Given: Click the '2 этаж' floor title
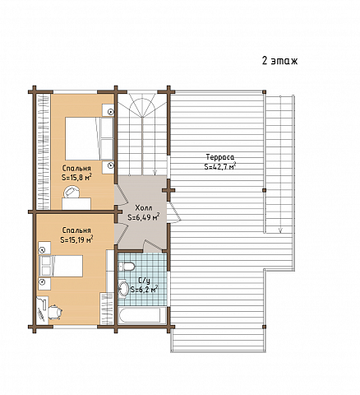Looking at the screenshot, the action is pos(279,61).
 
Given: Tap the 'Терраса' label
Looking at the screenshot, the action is pos(220,157).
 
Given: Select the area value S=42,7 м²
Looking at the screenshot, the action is pos(220,166).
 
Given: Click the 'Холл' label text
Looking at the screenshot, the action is pos(144,208).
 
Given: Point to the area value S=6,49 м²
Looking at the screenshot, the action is pos(144,217).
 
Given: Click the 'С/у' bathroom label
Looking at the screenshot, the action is pos(144,281).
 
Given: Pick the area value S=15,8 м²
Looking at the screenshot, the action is pos(76,178).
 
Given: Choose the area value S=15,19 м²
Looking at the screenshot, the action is pos(76,239).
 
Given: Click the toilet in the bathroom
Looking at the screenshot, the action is pos(127,266).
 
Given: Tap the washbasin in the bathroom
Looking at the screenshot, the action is pos(123,288).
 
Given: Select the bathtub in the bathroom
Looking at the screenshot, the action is pos(139,316).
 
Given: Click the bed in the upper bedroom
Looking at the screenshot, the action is pos(89,138).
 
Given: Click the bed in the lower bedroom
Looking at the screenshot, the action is pos(61,266).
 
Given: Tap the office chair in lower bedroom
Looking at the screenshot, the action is pos(55,311).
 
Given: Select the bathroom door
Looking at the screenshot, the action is pos(152,245).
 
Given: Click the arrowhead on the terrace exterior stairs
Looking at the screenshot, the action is pos(280,230).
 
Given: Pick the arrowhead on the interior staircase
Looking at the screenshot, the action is pos(155,172).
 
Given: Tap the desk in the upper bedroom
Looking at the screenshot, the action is pos(76,204).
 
